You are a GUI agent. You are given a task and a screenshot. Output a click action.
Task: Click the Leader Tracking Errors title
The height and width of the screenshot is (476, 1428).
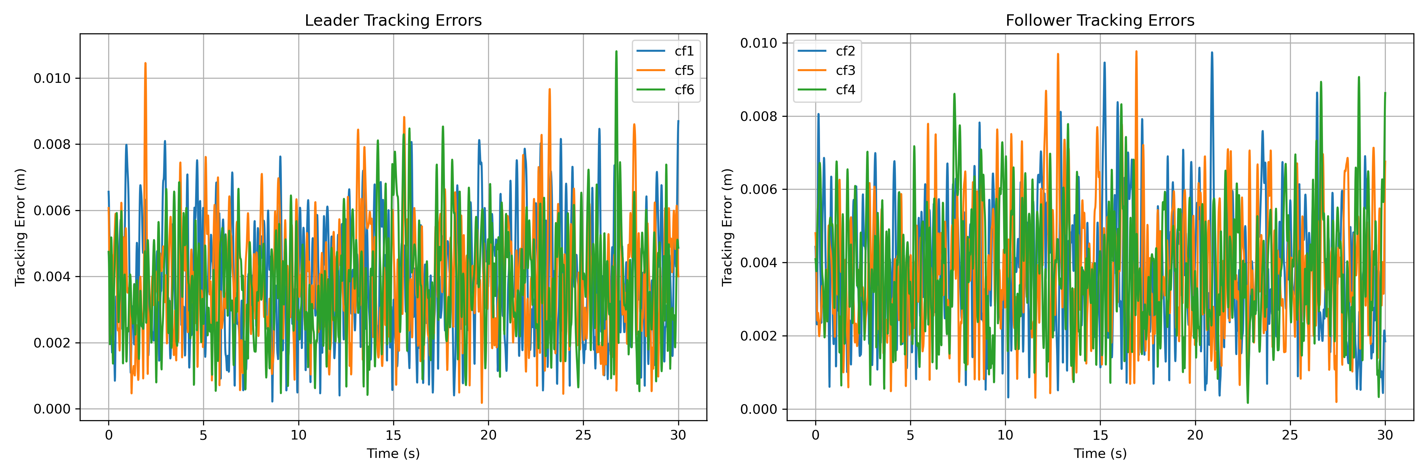click(x=393, y=21)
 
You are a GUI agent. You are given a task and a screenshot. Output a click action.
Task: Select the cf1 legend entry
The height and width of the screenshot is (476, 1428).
click(x=684, y=51)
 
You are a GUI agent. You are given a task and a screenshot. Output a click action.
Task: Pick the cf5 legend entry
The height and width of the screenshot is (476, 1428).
click(x=684, y=70)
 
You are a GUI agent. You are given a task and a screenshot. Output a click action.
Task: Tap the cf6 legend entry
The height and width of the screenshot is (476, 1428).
click(x=684, y=90)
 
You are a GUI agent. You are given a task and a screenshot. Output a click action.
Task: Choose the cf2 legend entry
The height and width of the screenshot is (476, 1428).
click(x=845, y=51)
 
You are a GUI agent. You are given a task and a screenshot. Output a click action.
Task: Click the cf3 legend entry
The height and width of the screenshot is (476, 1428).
click(x=845, y=70)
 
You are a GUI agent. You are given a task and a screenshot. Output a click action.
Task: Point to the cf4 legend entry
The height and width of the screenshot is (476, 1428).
click(x=845, y=90)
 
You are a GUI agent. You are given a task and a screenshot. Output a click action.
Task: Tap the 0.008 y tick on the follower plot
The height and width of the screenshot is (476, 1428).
click(x=758, y=116)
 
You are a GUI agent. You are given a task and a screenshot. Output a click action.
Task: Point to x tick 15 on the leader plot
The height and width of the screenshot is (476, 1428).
click(x=393, y=435)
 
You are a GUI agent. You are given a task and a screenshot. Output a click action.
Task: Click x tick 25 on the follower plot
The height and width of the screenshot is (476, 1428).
click(x=1290, y=435)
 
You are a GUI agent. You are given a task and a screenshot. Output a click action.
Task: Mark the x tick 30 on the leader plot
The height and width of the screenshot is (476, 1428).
click(x=678, y=435)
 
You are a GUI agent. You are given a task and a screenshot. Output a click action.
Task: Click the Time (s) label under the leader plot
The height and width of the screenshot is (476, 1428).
click(x=393, y=453)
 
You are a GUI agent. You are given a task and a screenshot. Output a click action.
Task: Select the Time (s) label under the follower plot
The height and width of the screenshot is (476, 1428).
click(x=1100, y=453)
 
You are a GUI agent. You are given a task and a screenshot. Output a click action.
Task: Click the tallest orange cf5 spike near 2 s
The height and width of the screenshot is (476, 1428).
click(x=145, y=64)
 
